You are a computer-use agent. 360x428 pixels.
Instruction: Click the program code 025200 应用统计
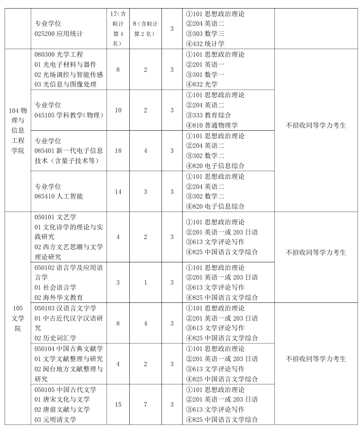click(58, 34)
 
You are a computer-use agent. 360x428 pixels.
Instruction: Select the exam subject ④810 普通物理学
click(212, 125)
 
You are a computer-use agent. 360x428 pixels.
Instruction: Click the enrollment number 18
click(118, 150)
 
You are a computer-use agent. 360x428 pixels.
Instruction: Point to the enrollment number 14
click(118, 191)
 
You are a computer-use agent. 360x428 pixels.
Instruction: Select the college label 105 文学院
click(18, 318)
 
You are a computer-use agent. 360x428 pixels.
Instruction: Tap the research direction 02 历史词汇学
click(55, 338)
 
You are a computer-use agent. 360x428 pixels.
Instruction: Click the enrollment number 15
click(118, 404)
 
